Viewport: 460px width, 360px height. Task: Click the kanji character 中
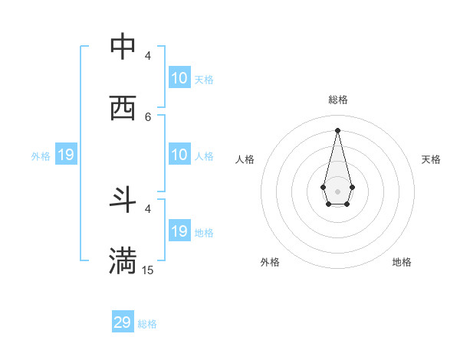[123, 47]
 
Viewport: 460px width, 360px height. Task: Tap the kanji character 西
[123, 108]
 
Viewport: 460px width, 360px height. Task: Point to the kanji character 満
[123, 261]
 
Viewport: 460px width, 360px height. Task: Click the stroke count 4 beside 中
[148, 56]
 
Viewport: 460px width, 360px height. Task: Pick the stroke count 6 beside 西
[148, 116]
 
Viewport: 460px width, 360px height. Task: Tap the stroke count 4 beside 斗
[148, 208]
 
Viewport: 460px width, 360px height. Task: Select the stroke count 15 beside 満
[148, 270]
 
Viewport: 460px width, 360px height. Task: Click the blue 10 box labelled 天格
[179, 78]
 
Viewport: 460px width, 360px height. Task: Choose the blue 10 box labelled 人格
[179, 155]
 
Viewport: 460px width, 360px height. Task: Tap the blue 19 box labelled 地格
[179, 231]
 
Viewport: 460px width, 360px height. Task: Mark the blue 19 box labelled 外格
[66, 155]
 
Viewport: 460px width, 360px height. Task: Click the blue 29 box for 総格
[123, 322]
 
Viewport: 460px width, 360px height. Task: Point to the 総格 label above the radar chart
[338, 100]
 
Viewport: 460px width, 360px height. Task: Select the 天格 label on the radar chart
[432, 159]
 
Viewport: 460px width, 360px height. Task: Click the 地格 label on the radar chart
[402, 262]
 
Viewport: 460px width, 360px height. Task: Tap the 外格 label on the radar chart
[270, 262]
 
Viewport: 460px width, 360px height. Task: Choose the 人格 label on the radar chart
[245, 159]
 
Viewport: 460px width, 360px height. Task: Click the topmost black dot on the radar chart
[337, 129]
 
